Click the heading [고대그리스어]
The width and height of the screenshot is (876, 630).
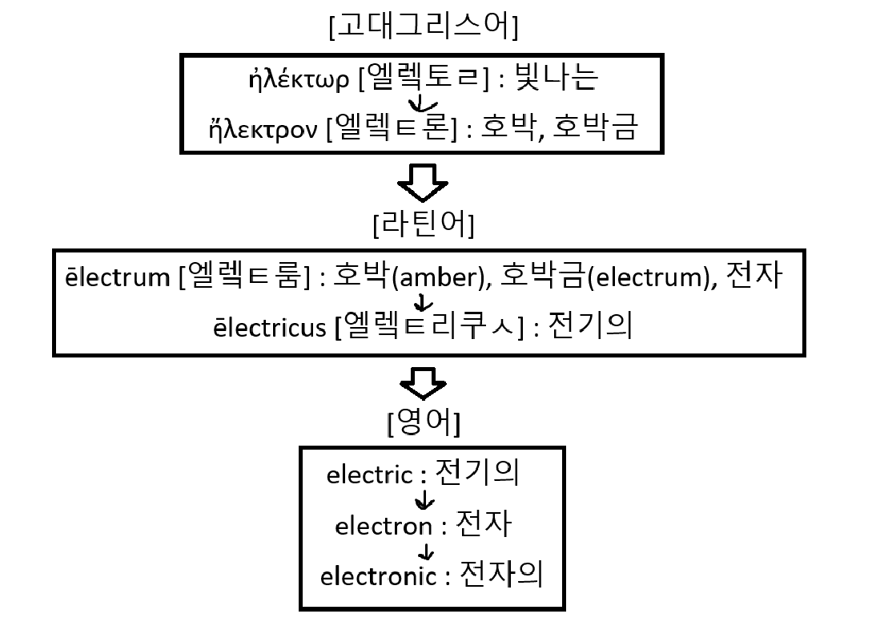point(423,27)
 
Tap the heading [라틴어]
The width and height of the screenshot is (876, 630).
point(423,226)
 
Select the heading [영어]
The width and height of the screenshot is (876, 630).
point(423,424)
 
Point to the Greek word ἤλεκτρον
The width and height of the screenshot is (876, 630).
point(272,127)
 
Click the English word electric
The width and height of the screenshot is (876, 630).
point(368,475)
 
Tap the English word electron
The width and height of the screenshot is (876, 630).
point(383,527)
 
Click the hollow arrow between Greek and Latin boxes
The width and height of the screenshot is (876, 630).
point(422,184)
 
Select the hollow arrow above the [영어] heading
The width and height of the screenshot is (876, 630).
point(422,384)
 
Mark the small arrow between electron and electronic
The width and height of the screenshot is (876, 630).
point(427,551)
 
